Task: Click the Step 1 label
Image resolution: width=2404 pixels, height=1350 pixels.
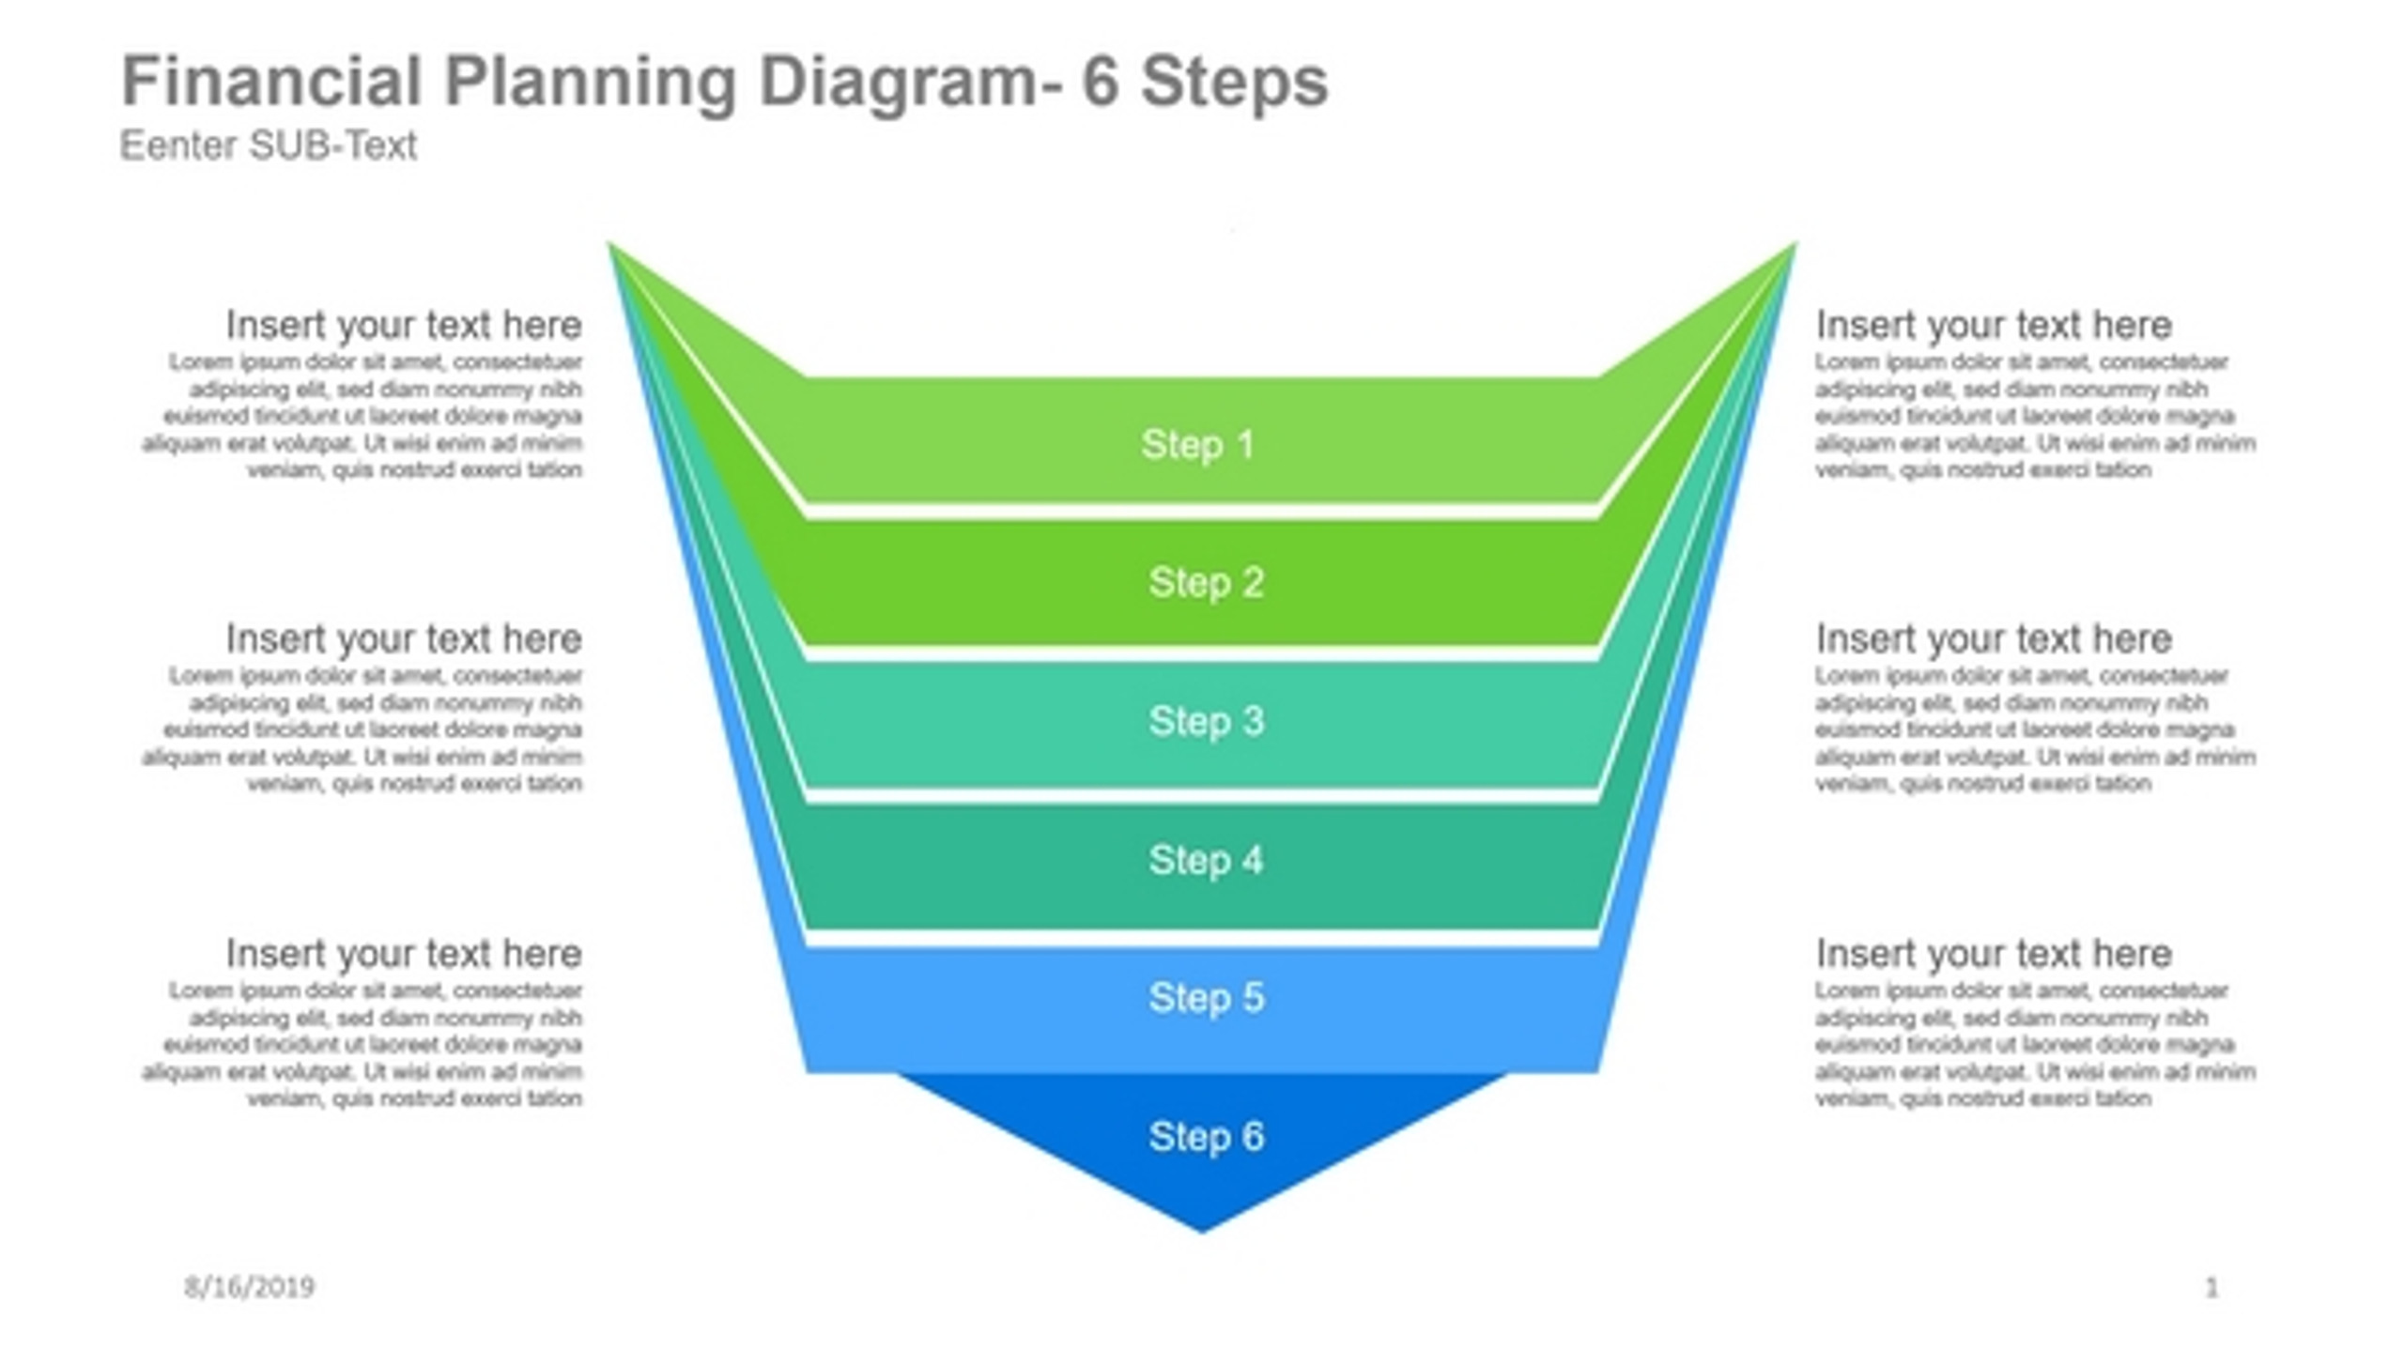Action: point(1197,444)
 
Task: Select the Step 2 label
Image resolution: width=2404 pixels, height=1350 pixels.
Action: point(1206,582)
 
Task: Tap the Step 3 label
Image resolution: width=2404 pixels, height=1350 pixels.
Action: point(1206,721)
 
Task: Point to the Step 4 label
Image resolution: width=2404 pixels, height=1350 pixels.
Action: point(1206,860)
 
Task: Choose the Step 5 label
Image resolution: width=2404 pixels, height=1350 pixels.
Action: point(1206,997)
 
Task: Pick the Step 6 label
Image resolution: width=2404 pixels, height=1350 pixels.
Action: point(1206,1136)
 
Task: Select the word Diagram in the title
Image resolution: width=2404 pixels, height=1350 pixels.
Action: point(897,83)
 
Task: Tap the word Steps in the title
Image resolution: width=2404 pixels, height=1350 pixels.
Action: point(1234,83)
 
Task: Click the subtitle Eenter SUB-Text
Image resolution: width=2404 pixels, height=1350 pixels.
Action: point(269,146)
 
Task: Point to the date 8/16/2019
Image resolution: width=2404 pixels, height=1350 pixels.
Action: point(249,1287)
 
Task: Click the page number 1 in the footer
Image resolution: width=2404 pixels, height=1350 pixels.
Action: point(2211,1287)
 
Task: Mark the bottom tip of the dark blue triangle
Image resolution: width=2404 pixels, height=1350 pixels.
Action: point(1202,1229)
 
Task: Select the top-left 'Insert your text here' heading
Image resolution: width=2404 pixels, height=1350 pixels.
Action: point(404,325)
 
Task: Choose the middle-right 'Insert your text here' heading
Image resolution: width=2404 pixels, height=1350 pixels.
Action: point(1993,639)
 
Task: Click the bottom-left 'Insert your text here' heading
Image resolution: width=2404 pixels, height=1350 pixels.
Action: point(404,954)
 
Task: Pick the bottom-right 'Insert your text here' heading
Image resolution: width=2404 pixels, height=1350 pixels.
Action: point(1993,954)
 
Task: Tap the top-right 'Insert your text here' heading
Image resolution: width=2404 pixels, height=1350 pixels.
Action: point(1993,325)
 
